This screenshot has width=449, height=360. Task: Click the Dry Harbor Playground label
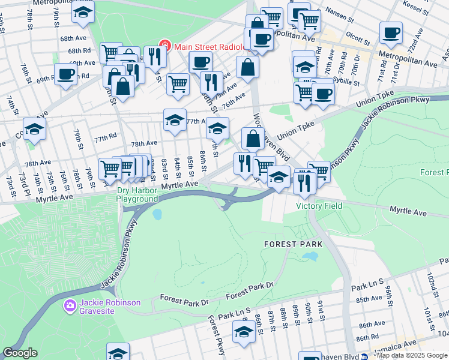click(137, 193)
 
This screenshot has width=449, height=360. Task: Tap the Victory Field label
click(319, 206)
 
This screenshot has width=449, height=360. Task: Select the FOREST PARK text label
click(294, 244)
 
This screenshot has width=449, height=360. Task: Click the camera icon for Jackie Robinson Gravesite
click(70, 307)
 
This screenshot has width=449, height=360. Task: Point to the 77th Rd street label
click(104, 137)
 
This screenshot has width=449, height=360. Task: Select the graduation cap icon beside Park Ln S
click(243, 331)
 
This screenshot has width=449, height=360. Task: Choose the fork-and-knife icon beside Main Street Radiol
click(155, 56)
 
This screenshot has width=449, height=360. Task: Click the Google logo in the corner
click(20, 353)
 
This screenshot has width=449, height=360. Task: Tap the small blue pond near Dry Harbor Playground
click(157, 214)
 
